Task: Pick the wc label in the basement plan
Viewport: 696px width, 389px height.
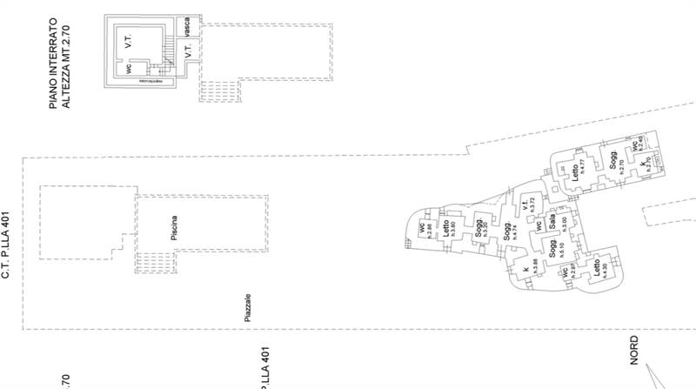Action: tap(128, 67)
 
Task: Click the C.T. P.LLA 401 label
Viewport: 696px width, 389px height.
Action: tap(4, 246)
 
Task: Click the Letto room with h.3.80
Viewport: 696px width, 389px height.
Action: tap(448, 230)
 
